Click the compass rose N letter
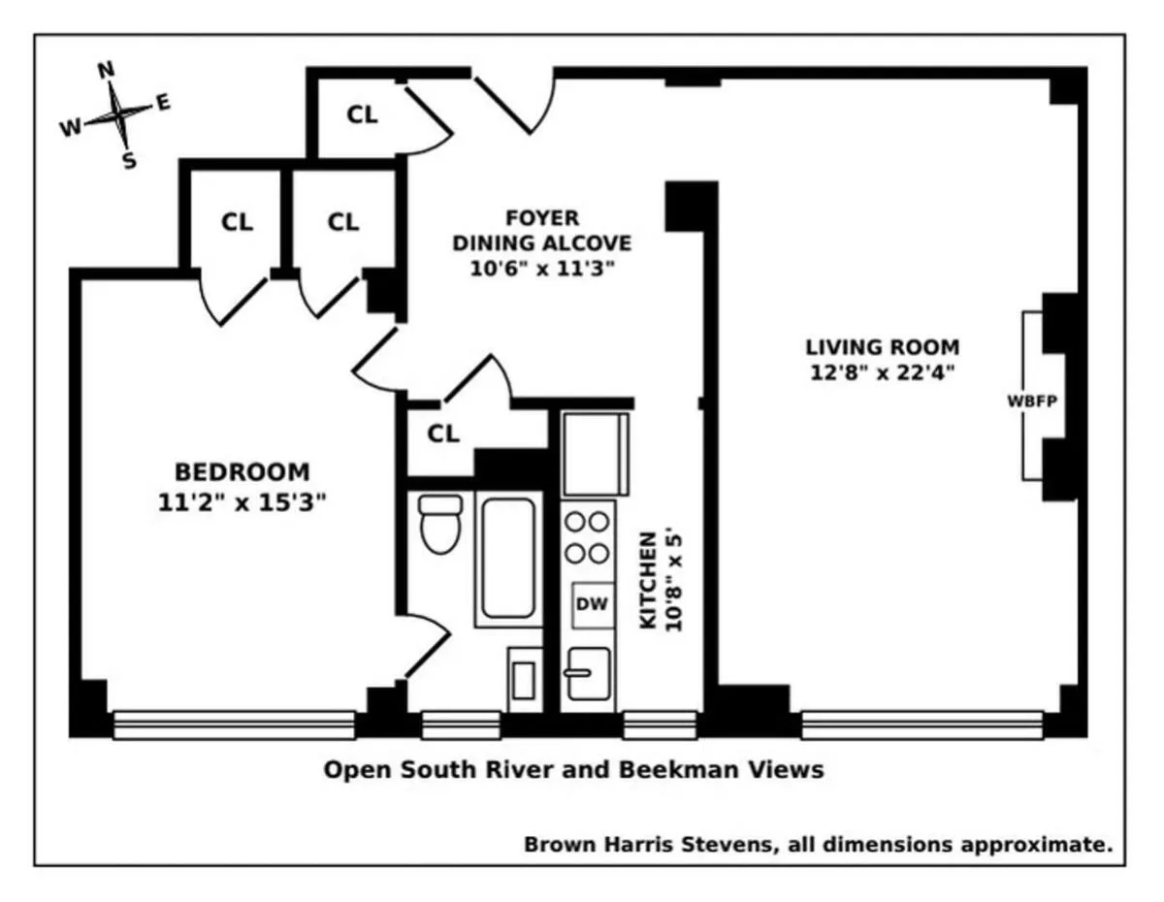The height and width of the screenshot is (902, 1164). point(107,70)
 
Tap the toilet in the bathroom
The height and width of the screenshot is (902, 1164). point(440,524)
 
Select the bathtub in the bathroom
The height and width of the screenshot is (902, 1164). point(507,559)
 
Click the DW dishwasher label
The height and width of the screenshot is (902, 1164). point(592,604)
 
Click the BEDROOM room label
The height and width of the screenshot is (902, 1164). point(242,472)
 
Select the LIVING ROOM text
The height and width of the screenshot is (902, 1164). point(882,346)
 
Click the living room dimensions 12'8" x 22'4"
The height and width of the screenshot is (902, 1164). point(882,372)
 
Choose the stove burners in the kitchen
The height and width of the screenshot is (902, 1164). point(588,537)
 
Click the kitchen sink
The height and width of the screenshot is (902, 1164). point(588,672)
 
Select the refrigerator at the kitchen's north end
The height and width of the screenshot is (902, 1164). point(588,453)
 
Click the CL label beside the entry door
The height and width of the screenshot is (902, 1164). point(362,114)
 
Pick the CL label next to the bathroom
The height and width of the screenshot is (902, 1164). point(443,434)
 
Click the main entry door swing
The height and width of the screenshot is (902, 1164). point(514,102)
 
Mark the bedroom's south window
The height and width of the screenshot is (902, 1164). point(234,725)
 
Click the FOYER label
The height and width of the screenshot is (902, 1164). point(541,217)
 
